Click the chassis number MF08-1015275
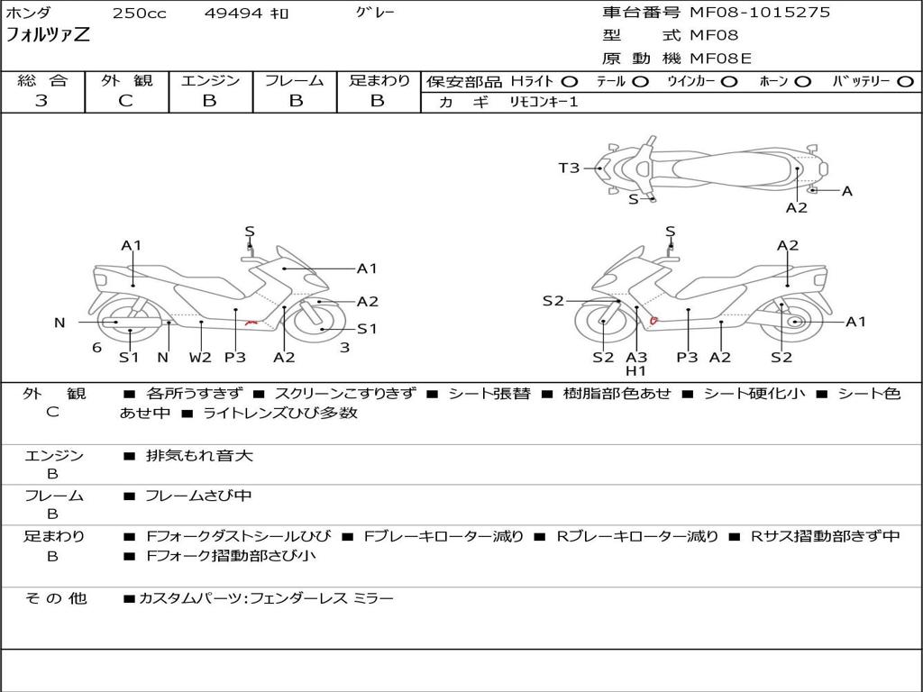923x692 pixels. click(x=760, y=13)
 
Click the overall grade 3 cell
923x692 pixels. click(x=41, y=101)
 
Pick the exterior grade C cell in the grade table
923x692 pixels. click(x=126, y=101)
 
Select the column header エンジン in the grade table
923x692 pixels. click(x=210, y=81)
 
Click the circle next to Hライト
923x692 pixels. click(x=570, y=81)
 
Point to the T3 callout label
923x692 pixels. click(x=569, y=168)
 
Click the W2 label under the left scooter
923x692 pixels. click(x=200, y=357)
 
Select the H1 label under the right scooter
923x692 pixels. click(x=636, y=370)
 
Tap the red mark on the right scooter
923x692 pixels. click(x=653, y=319)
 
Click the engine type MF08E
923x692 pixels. click(x=720, y=59)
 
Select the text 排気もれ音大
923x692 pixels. click(x=199, y=456)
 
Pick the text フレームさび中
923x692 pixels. click(x=198, y=496)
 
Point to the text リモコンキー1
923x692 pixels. click(x=538, y=102)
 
